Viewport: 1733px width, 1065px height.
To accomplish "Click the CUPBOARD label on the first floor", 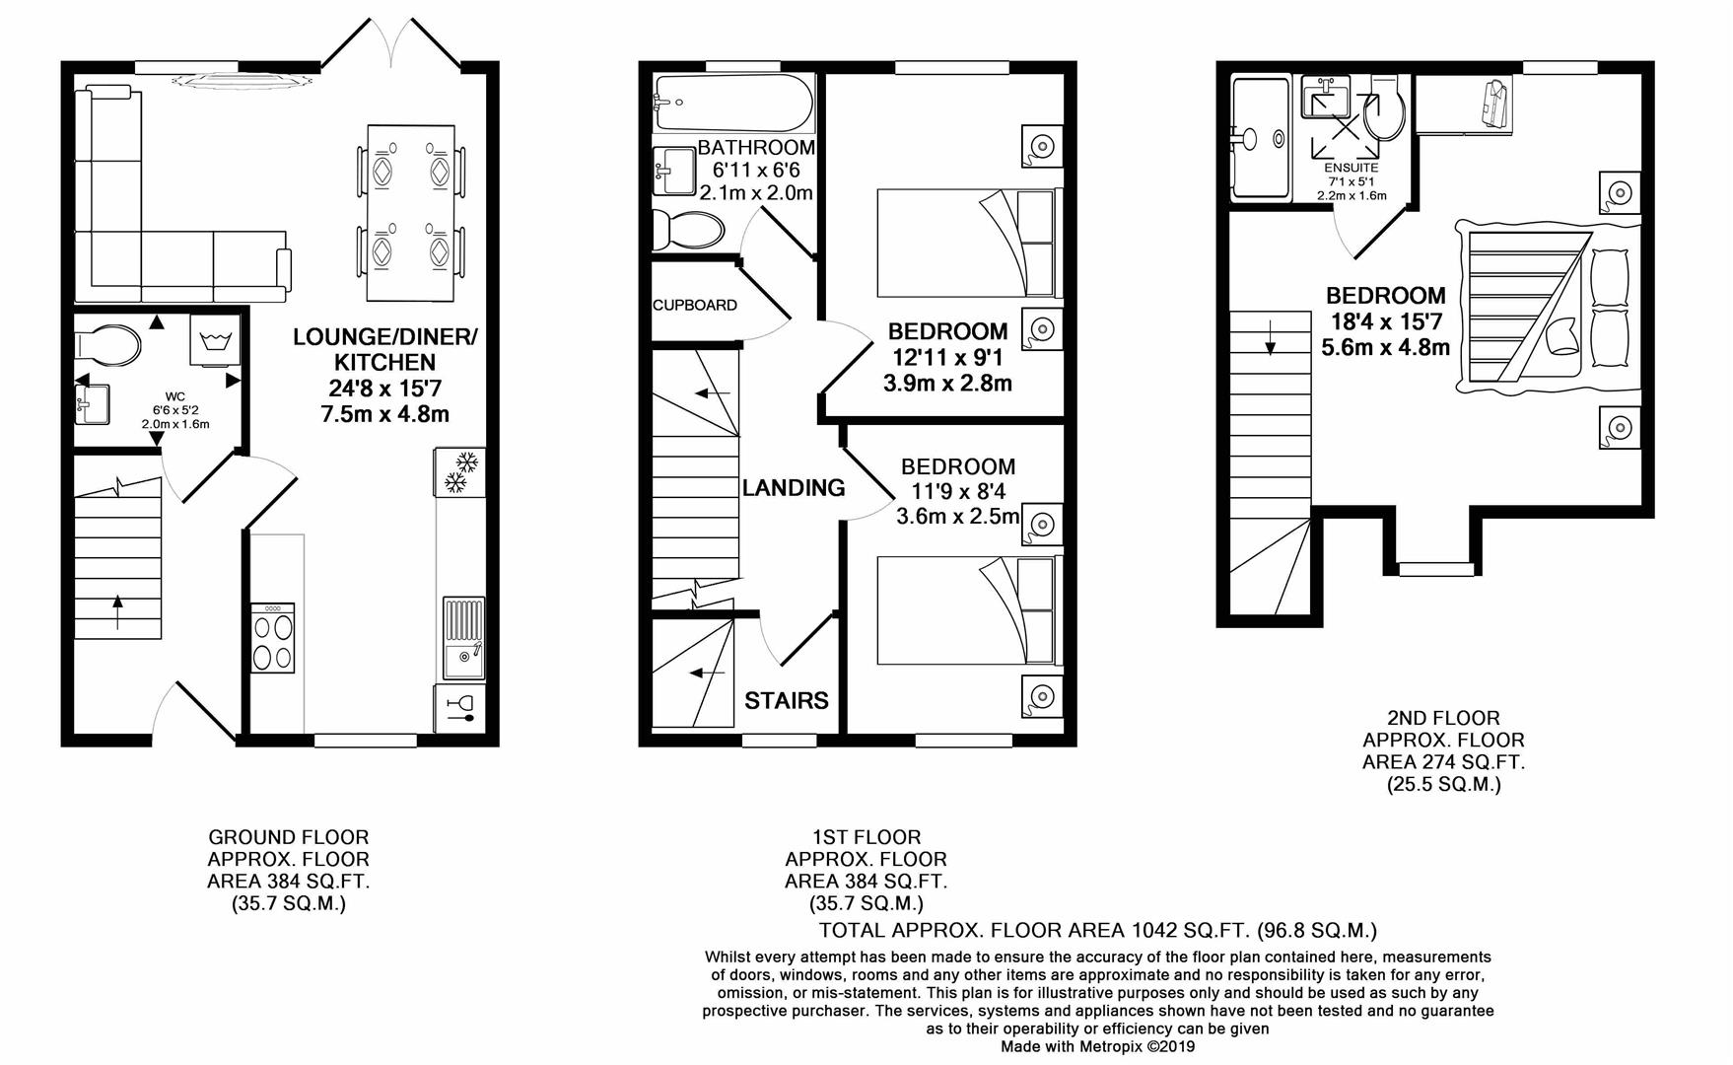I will pyautogui.click(x=695, y=305).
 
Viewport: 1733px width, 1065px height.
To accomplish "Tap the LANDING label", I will pyautogui.click(x=793, y=487).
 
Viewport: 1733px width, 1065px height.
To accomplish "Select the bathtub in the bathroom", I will pyautogui.click(x=732, y=103).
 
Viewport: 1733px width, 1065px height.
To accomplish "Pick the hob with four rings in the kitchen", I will pyautogui.click(x=273, y=638).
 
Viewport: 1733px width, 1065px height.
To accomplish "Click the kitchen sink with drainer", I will pyautogui.click(x=463, y=638).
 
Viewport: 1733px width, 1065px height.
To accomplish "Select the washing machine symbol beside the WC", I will pyautogui.click(x=214, y=342).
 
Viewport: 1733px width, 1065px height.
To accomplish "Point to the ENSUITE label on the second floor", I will pyautogui.click(x=1351, y=168).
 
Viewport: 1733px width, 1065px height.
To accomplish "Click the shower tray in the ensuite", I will pyautogui.click(x=1260, y=140).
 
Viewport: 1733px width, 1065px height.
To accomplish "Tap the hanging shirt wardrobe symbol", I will pyautogui.click(x=1491, y=104).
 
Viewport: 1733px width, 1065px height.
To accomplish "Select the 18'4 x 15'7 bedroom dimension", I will pyautogui.click(x=1385, y=320).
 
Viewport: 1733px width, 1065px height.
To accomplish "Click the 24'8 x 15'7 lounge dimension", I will pyautogui.click(x=384, y=388).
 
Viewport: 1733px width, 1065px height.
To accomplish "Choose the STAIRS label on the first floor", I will pyautogui.click(x=786, y=700).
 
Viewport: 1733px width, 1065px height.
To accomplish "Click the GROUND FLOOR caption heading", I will pyautogui.click(x=288, y=837).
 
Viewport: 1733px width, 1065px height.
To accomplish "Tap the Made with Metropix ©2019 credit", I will pyautogui.click(x=1097, y=1046).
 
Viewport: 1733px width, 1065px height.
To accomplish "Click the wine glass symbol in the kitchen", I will pyautogui.click(x=459, y=708).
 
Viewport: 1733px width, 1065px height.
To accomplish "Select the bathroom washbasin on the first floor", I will pyautogui.click(x=675, y=171).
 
